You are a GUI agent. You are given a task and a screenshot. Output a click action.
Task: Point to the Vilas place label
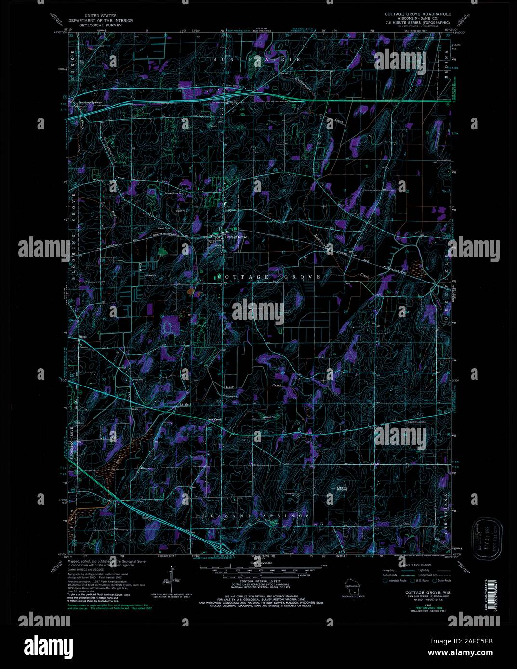tap(121, 178)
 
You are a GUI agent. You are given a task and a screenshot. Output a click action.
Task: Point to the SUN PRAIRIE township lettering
tap(257, 59)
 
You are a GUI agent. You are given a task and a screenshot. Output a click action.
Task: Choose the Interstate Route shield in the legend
tap(385, 580)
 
